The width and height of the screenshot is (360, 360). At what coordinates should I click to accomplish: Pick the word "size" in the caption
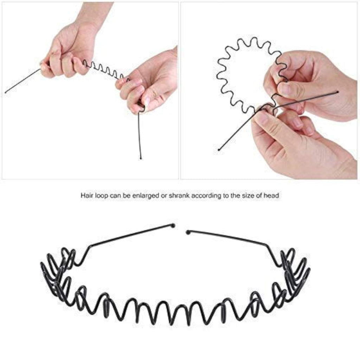tap(247, 195)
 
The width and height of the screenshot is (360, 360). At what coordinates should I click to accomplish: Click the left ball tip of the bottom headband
tap(173, 225)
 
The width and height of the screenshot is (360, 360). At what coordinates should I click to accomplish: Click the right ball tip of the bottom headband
tap(188, 232)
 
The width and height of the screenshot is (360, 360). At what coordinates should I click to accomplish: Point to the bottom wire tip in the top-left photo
tap(141, 158)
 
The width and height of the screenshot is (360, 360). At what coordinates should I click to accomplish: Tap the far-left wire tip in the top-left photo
tap(6, 92)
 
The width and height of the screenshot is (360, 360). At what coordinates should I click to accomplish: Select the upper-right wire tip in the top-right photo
tap(338, 92)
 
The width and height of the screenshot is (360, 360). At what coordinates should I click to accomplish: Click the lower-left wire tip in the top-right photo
tap(219, 150)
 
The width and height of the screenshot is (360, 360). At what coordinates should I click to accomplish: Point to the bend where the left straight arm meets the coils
tap(90, 246)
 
